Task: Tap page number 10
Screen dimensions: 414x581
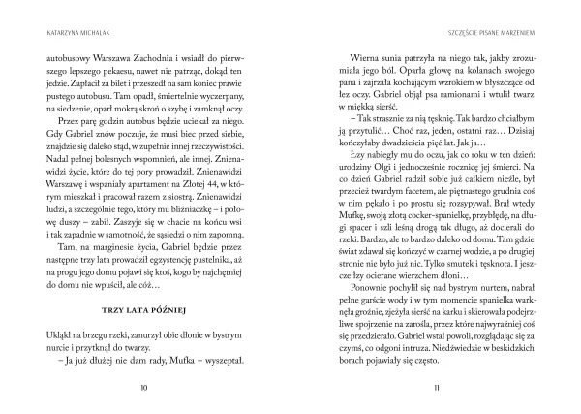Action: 143,388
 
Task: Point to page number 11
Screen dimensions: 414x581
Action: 437,388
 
